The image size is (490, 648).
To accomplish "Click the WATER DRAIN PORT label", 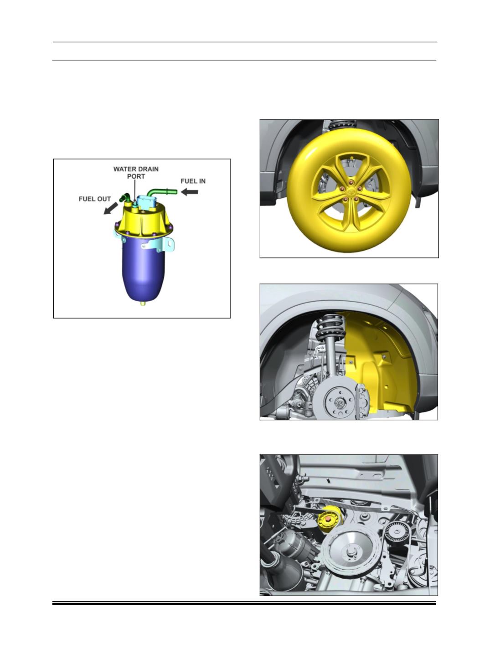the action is (136, 173).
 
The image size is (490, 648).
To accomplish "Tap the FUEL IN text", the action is (193, 181).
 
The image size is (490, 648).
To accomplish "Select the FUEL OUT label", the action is (94, 199).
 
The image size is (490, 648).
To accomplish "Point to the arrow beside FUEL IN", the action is (189, 192).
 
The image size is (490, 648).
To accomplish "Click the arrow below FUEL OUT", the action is (111, 208).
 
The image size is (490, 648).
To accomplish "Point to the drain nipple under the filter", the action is (143, 303).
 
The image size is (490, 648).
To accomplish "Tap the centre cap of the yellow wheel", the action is (350, 191).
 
